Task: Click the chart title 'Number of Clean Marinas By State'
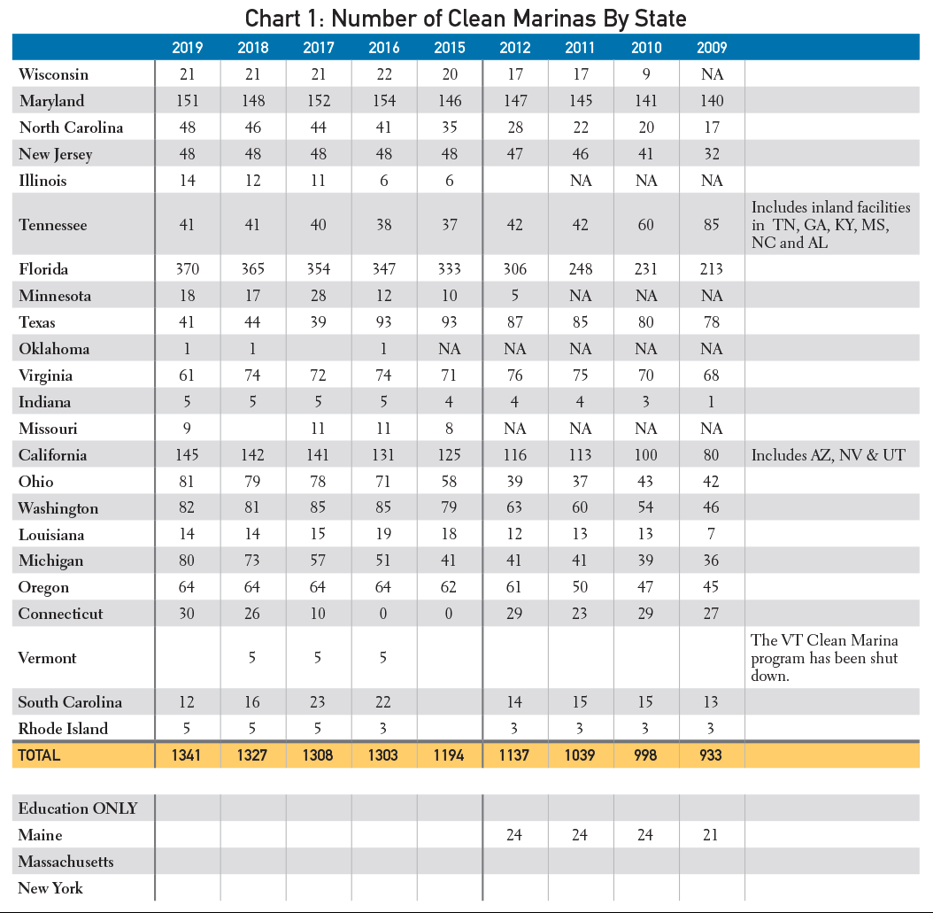[x=509, y=19]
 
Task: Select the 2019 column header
[x=188, y=48]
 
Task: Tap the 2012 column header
[x=514, y=48]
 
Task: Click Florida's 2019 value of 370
[x=188, y=269]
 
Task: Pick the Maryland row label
[x=51, y=101]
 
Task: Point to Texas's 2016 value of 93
[x=384, y=322]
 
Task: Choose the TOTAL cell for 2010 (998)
[x=645, y=755]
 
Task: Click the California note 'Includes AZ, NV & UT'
[x=829, y=455]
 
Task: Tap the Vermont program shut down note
[x=824, y=658]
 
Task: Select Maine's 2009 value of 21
[x=711, y=835]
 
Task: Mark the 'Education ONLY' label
[x=78, y=809]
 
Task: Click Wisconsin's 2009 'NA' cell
[x=712, y=74]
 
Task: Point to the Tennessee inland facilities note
[x=830, y=224]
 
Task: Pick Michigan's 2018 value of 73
[x=252, y=561]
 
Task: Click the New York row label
[x=50, y=888]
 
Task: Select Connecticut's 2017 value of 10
[x=318, y=614]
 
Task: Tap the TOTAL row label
[x=39, y=755]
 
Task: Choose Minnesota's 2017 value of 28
[x=319, y=296]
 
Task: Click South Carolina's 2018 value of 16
[x=252, y=702]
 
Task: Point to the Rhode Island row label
[x=63, y=729]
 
